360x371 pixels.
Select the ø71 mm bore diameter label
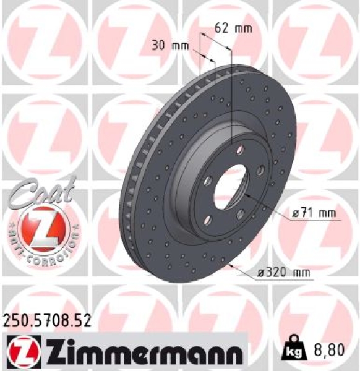pos(314,213)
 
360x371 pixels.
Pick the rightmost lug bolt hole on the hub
pos(260,170)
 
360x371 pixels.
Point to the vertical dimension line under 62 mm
pos(231,93)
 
